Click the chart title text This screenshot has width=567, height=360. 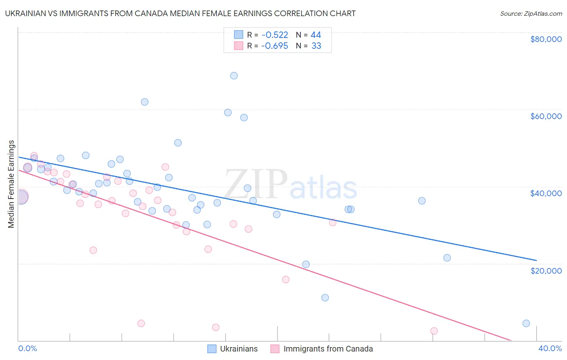click(x=180, y=13)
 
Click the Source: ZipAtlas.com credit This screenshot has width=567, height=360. click(x=531, y=13)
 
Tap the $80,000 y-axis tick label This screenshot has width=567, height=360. click(x=546, y=39)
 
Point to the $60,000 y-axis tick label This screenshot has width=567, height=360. click(x=546, y=116)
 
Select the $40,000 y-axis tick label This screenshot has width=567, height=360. click(x=546, y=193)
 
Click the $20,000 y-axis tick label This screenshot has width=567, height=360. click(x=546, y=270)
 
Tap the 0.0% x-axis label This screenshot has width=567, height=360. click(x=27, y=348)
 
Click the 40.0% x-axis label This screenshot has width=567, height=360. click(x=550, y=348)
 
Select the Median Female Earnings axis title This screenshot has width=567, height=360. click(x=11, y=184)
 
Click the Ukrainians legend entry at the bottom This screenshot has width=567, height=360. click(x=233, y=349)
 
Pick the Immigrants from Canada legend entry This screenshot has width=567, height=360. click(x=321, y=349)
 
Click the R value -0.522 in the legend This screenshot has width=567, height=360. click(x=275, y=35)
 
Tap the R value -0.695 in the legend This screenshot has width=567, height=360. click(x=275, y=46)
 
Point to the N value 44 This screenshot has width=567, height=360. click(x=316, y=35)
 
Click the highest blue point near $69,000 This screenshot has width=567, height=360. click(x=234, y=75)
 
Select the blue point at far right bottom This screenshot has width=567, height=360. click(x=526, y=323)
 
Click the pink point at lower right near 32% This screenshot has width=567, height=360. click(x=434, y=331)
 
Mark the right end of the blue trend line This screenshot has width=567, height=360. click(x=536, y=260)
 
